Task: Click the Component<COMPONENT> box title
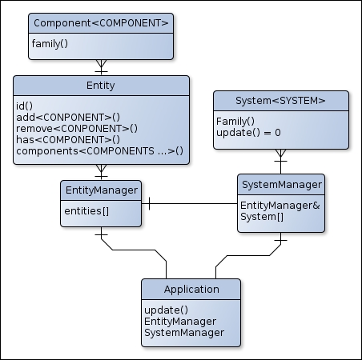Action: coord(101,23)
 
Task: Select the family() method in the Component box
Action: coord(50,44)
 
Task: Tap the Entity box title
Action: coord(101,86)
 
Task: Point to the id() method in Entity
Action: coord(24,106)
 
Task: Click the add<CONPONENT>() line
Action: coord(68,118)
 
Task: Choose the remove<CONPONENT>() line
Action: coord(77,129)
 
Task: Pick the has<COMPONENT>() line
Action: coord(68,140)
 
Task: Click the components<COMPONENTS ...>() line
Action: coord(100,151)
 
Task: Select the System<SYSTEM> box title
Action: coord(280,101)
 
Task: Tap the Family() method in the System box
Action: coord(235,122)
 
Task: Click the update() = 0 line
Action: coord(248,133)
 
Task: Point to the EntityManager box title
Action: coord(102,190)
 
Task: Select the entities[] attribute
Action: coord(86,211)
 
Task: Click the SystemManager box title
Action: coord(282,185)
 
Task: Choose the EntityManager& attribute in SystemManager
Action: coord(280,206)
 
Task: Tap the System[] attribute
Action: coord(262,217)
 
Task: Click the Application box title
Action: coord(191,290)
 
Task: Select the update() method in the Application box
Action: coord(167,310)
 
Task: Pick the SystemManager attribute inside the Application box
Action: coord(184,333)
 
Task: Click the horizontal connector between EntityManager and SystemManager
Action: coord(190,204)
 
